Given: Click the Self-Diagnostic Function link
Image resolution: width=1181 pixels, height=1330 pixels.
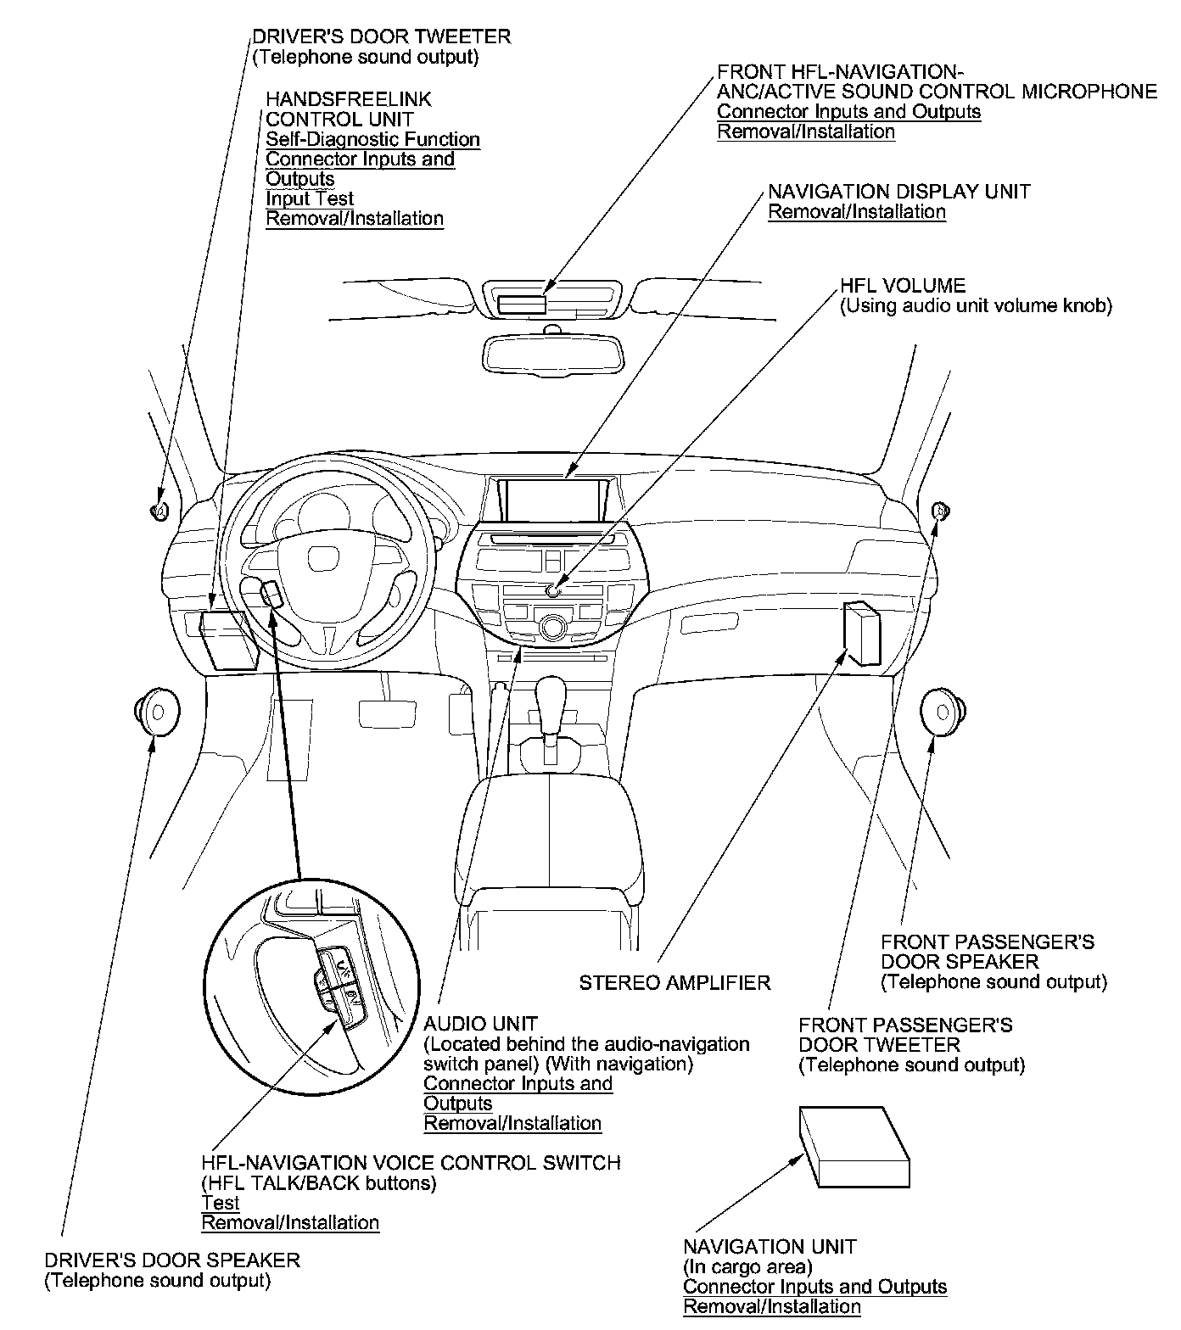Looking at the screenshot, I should [x=372, y=139].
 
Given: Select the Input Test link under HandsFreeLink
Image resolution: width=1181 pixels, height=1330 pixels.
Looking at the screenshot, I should [x=309, y=198].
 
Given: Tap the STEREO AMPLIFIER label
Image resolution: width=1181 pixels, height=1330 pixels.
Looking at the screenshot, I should [x=674, y=983].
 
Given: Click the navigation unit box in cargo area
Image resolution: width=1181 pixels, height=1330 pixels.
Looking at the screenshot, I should [x=853, y=1146].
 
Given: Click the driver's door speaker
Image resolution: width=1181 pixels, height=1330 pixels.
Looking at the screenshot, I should [x=156, y=711].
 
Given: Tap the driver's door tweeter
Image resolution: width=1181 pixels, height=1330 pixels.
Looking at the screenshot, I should [x=159, y=510].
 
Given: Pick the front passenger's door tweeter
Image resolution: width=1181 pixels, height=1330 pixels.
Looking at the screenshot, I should [x=940, y=511].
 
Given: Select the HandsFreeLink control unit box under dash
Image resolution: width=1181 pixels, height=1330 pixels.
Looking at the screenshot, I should [x=227, y=640].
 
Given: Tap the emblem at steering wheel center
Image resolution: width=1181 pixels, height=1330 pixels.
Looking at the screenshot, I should [x=322, y=557].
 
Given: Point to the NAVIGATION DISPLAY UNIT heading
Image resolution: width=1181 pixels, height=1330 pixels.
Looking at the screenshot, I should [x=898, y=192].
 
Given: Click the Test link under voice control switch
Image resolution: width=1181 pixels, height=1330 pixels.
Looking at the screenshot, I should [x=221, y=1203].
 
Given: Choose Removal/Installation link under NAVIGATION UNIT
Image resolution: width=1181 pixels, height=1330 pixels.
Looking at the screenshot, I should [x=771, y=1307].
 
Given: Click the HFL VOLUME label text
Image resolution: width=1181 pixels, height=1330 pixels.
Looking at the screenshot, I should [x=903, y=286].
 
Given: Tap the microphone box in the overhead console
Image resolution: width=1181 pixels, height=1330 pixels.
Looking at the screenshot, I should [x=522, y=303].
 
